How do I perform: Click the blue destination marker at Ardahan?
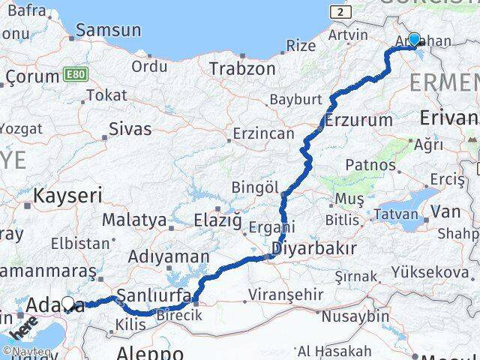[x=414, y=39]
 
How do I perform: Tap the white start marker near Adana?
[x=69, y=304]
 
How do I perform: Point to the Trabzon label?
[x=242, y=69]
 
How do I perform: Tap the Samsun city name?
[x=108, y=31]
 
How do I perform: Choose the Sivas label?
[x=130, y=129]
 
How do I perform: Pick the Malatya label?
[x=133, y=220]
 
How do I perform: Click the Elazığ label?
[x=218, y=220]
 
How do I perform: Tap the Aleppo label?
[x=150, y=352]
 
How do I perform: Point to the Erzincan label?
[x=260, y=133]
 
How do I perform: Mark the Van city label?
[x=445, y=212]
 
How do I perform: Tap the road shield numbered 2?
[x=341, y=13]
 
